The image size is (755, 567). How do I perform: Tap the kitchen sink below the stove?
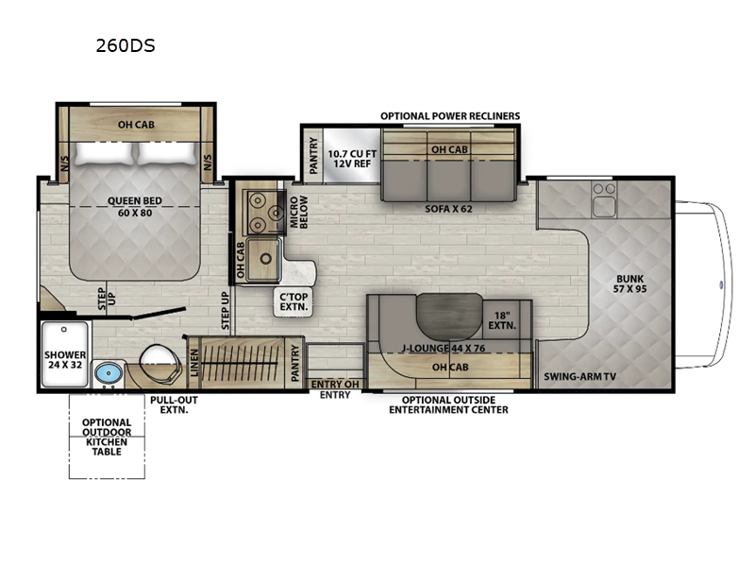click(x=261, y=254)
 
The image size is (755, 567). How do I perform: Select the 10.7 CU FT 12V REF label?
click(x=351, y=159)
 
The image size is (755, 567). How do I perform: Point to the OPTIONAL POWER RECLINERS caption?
click(x=449, y=115)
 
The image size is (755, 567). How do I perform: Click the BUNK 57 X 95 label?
click(x=631, y=284)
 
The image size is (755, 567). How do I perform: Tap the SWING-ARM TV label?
click(x=579, y=376)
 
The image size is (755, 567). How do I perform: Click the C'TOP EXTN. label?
click(x=290, y=301)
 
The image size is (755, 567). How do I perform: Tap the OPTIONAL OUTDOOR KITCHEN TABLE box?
click(x=106, y=437)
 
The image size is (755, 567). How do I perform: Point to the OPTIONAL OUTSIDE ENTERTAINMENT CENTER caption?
click(x=449, y=404)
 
